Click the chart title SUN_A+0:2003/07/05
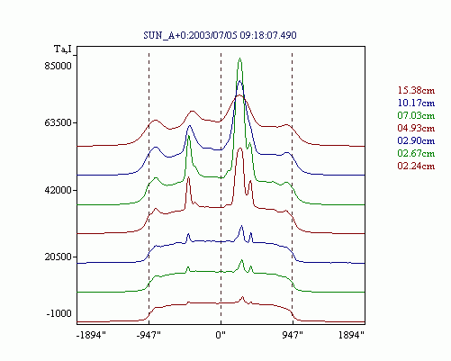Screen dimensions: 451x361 190,35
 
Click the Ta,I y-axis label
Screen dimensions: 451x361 63,49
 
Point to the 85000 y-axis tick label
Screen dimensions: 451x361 59,66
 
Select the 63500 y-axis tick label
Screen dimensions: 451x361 59,122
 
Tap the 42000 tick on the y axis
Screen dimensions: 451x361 59,190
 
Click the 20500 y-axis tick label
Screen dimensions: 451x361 59,257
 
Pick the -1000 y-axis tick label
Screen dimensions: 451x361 59,313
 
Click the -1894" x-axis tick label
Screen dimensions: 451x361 92,335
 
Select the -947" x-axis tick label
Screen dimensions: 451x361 149,335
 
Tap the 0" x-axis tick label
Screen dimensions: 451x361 221,335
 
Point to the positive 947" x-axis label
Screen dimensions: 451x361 293,335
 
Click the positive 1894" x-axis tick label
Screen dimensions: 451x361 351,335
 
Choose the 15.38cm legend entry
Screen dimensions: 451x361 416,90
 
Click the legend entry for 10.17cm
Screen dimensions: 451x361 416,103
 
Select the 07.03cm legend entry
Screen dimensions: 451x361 416,115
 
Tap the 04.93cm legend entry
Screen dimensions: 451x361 416,128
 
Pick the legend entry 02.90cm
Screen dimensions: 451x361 416,140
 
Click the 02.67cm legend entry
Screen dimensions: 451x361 416,153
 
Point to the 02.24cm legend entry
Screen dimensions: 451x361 416,166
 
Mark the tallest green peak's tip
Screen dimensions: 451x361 239,59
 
